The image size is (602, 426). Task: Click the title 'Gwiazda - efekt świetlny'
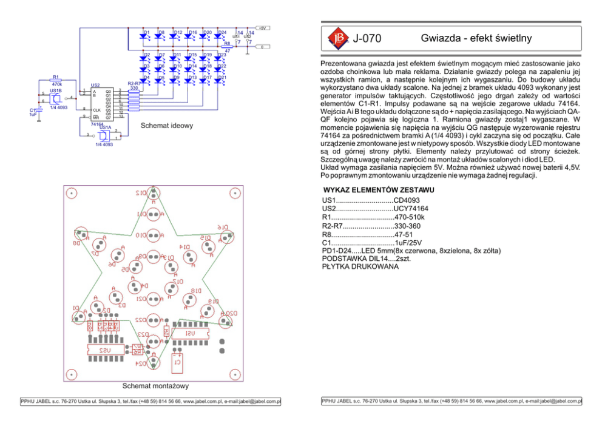(x=476, y=38)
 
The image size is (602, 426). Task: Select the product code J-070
(x=367, y=39)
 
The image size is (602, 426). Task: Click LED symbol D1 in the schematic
(x=144, y=36)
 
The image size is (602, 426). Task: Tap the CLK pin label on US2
(x=96, y=110)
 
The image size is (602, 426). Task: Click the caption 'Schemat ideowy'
(x=166, y=126)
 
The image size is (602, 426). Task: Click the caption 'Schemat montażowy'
(x=155, y=385)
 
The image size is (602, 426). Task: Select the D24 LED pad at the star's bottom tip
(x=153, y=363)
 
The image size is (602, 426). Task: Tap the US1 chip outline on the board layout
(x=190, y=334)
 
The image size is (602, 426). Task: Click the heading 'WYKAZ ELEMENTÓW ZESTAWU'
(x=378, y=191)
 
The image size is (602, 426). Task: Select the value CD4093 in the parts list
(x=406, y=200)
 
